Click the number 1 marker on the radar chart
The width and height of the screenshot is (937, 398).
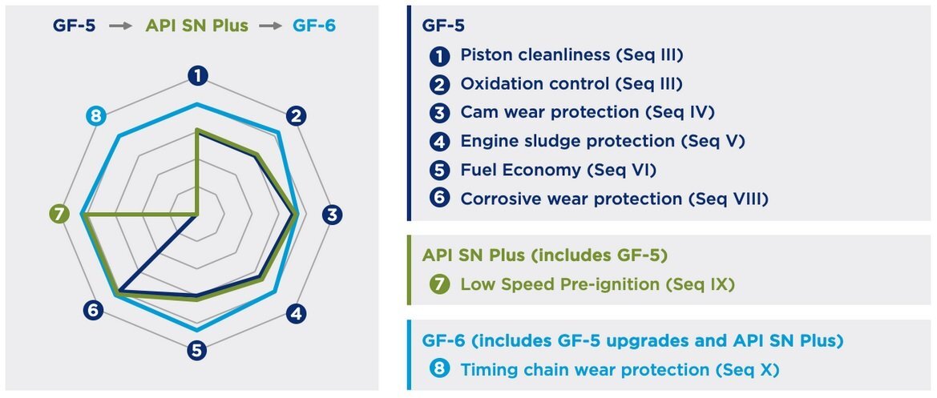click(197, 76)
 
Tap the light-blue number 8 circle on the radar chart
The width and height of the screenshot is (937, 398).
click(96, 116)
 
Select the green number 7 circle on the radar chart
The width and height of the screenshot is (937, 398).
click(58, 215)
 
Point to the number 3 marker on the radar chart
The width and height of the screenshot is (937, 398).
click(333, 215)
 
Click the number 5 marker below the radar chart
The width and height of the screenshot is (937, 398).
click(196, 350)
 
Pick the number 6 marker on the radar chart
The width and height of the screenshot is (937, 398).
click(93, 310)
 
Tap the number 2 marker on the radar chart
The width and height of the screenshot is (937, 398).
click(297, 116)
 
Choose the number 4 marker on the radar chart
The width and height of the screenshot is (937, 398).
click(297, 313)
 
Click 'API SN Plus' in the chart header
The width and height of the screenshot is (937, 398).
click(197, 26)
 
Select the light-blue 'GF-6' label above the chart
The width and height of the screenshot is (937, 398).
click(314, 26)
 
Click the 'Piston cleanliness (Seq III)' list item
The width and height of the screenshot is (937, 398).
click(571, 55)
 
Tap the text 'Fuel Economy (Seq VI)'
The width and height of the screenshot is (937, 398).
click(558, 170)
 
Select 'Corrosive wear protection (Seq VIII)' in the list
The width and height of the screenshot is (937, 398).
click(614, 199)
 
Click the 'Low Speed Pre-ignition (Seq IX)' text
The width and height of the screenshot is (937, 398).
click(597, 284)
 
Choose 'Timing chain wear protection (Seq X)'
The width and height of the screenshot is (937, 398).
click(620, 370)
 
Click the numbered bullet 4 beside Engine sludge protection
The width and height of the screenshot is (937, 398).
click(439, 142)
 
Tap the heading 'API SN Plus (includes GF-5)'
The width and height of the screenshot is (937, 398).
click(544, 255)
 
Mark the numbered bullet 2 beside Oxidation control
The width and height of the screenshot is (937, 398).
click(439, 85)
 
